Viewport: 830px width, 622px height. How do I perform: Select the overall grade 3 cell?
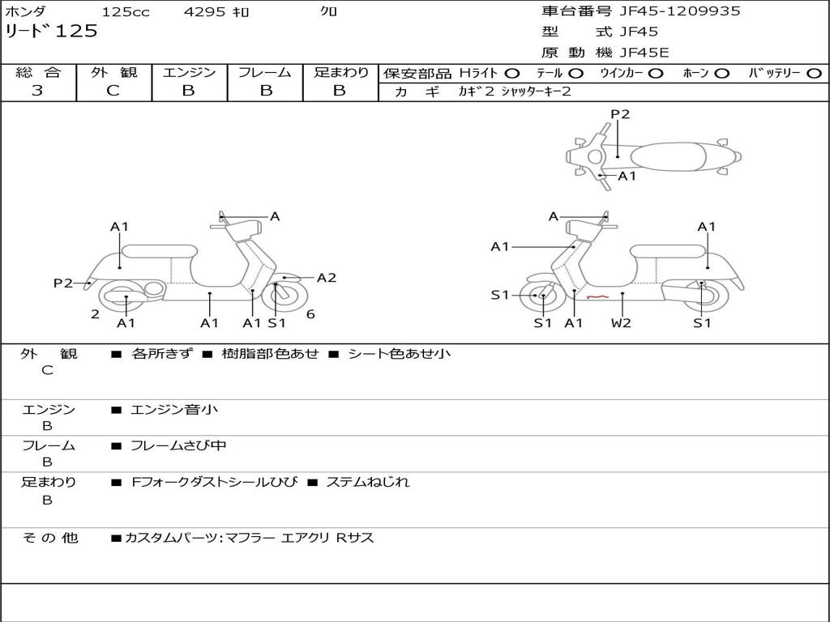tap(37, 91)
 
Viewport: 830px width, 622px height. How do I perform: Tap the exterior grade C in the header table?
tap(113, 91)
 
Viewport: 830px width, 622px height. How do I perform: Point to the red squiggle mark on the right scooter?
tap(597, 297)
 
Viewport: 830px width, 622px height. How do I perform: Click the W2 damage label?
tap(622, 323)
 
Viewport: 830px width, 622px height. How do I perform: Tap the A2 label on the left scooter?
tap(327, 278)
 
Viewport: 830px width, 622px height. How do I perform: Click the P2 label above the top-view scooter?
tap(620, 114)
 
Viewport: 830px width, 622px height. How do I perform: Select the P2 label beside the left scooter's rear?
tap(63, 283)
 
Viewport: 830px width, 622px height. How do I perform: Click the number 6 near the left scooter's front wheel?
tap(310, 314)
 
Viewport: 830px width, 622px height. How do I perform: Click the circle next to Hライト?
tap(512, 73)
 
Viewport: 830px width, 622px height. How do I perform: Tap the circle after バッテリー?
tap(814, 73)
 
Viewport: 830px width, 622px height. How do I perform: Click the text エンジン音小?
tap(173, 410)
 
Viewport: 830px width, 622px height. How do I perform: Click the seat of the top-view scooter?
tap(665, 156)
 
